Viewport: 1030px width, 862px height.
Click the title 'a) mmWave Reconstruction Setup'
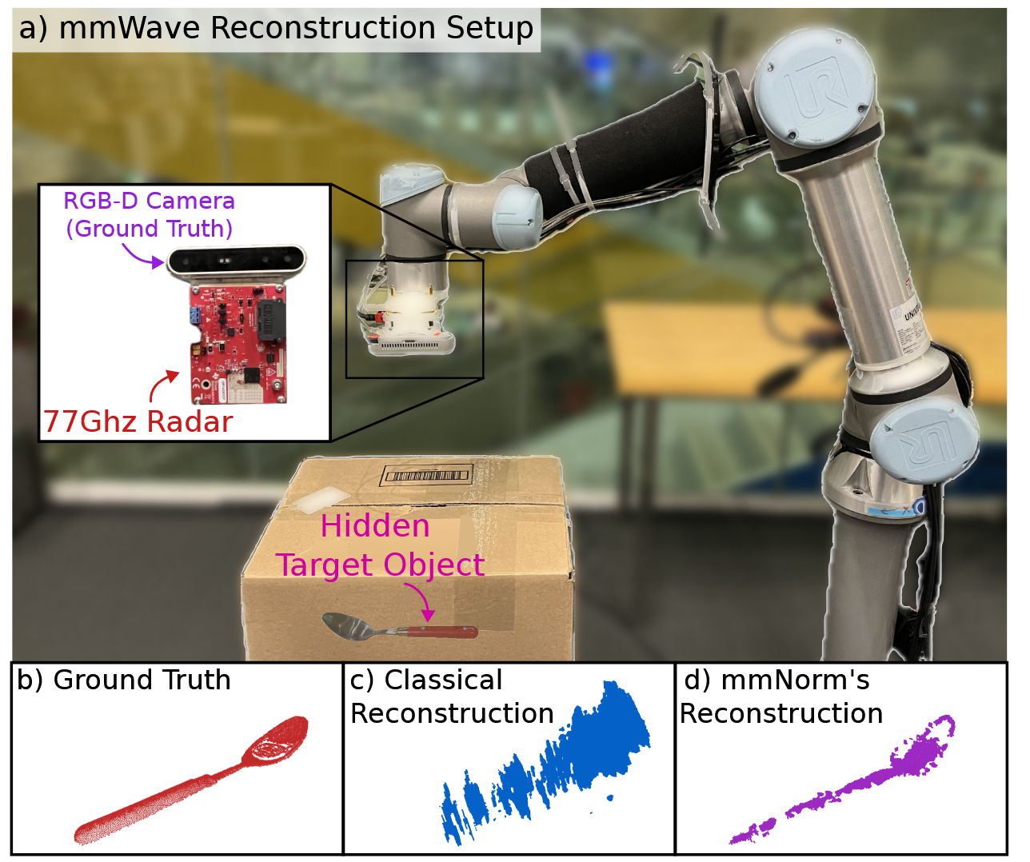click(x=276, y=29)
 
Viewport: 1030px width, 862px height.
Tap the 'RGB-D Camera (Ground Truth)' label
click(x=150, y=214)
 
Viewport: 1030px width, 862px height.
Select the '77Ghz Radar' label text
click(x=138, y=421)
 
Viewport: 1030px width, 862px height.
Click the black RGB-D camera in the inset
click(x=237, y=260)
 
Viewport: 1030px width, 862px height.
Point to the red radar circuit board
click(x=238, y=344)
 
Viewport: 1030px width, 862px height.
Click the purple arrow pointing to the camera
click(x=142, y=257)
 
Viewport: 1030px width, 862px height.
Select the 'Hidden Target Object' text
click(x=379, y=545)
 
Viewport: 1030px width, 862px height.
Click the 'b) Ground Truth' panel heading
click(x=124, y=680)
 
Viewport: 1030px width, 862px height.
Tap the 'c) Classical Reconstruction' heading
click(x=451, y=696)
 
